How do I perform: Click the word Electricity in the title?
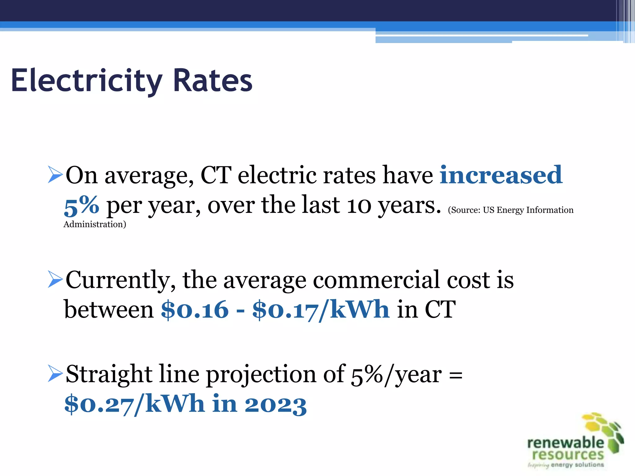point(87,81)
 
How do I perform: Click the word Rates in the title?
point(213,81)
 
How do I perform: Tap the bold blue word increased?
point(501,175)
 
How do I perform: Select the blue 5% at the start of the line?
point(81,206)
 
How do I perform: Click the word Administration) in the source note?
point(95,224)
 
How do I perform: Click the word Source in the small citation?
point(465,210)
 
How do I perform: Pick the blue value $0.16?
point(195,310)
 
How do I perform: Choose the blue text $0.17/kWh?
point(321,310)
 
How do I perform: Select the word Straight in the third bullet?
point(109,374)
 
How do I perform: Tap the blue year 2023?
point(276,404)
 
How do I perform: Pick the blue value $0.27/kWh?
point(134,404)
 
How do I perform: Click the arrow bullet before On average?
point(55,174)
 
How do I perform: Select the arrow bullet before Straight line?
point(55,373)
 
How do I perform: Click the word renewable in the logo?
point(566,443)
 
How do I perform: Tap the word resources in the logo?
point(568,455)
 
